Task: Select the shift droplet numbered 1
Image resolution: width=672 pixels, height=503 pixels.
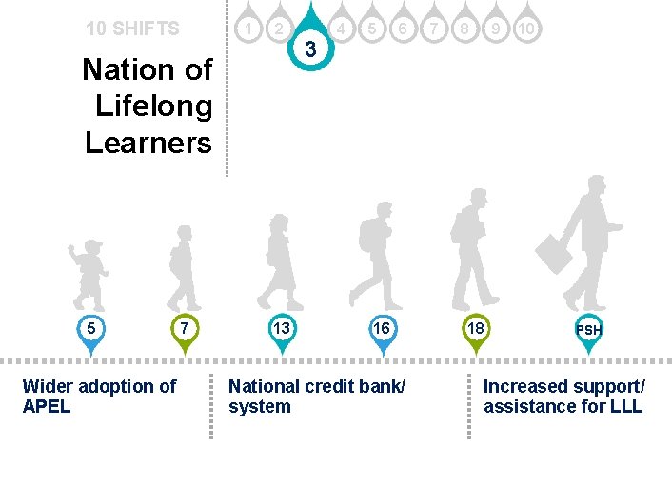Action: (x=248, y=29)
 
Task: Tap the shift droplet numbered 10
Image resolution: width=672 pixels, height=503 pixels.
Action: (x=526, y=29)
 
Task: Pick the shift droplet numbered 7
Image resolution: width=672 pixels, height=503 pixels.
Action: (x=434, y=29)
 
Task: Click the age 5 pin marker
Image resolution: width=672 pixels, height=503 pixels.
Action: (x=90, y=329)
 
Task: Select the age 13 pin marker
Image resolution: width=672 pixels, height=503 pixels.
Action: (x=282, y=329)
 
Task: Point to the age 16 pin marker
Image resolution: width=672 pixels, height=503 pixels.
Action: (x=381, y=329)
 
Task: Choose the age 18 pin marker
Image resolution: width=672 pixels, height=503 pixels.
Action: (x=474, y=329)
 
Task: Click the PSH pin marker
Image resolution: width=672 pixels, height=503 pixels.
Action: (x=589, y=330)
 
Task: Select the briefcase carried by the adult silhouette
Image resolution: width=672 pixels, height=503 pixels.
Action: (x=554, y=253)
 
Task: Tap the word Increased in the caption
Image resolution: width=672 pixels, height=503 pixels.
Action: (x=526, y=386)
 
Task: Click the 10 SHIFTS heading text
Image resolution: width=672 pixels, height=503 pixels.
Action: (x=132, y=29)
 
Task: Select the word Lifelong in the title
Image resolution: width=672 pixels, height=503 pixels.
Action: (x=153, y=106)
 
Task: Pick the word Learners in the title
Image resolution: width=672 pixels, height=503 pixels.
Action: (x=148, y=142)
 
